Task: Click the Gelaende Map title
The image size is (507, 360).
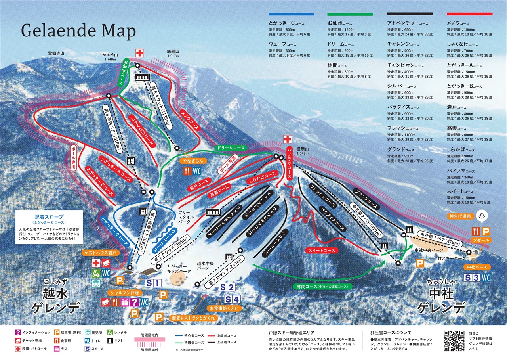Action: [x=78, y=31]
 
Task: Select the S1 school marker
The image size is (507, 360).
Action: [x=154, y=283]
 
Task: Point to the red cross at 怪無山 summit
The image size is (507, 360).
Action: [x=288, y=140]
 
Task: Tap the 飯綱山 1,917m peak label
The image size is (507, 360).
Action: [x=173, y=54]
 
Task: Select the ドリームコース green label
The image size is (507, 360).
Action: [x=230, y=147]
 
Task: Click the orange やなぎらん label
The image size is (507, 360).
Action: [x=193, y=161]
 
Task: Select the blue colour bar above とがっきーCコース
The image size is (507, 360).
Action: [x=291, y=14]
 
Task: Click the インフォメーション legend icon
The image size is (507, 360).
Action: [x=18, y=333]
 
